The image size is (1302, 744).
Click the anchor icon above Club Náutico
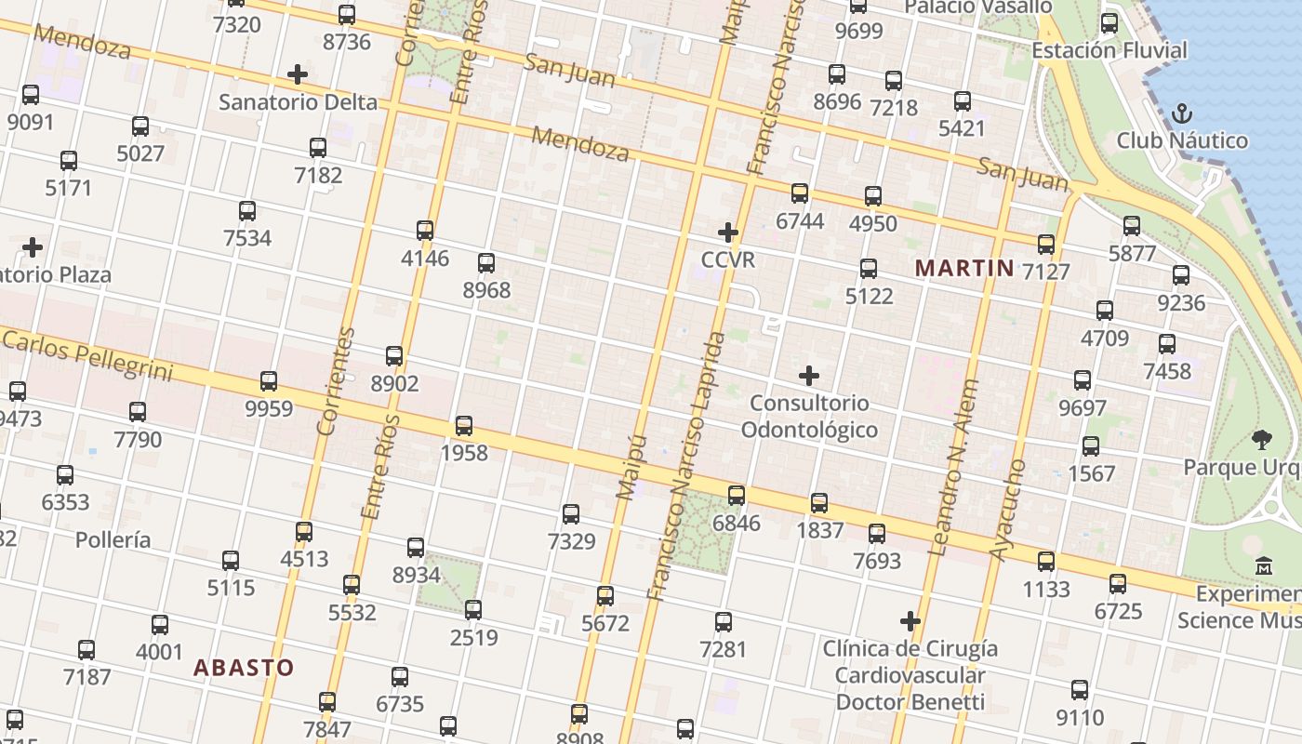pyautogui.click(x=1182, y=113)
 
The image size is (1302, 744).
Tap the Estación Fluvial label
pyautogui.click(x=1109, y=50)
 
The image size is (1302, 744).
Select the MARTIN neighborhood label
pyautogui.click(x=964, y=269)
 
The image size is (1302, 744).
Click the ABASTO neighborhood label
pyautogui.click(x=244, y=667)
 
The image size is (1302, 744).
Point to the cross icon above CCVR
pyautogui.click(x=728, y=232)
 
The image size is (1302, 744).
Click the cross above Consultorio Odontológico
pyautogui.click(x=809, y=376)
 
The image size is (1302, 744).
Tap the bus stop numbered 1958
pyautogui.click(x=464, y=426)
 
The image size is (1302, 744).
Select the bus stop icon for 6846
pyautogui.click(x=737, y=495)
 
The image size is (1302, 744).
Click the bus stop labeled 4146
pyautogui.click(x=425, y=230)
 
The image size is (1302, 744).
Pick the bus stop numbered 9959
pyautogui.click(x=269, y=380)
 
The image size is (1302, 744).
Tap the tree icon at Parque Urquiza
pyautogui.click(x=1262, y=439)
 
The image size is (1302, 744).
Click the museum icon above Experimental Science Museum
pyautogui.click(x=1264, y=565)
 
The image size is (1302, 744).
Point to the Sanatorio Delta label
pyautogui.click(x=298, y=101)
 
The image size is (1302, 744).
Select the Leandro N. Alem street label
pyautogui.click(x=955, y=467)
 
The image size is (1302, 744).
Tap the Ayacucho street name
pyautogui.click(x=1008, y=510)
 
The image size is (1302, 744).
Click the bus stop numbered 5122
pyautogui.click(x=869, y=268)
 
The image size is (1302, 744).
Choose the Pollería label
pyautogui.click(x=113, y=539)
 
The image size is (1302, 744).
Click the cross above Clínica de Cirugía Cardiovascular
pyautogui.click(x=910, y=620)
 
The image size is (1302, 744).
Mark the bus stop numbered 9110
pyautogui.click(x=1080, y=690)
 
